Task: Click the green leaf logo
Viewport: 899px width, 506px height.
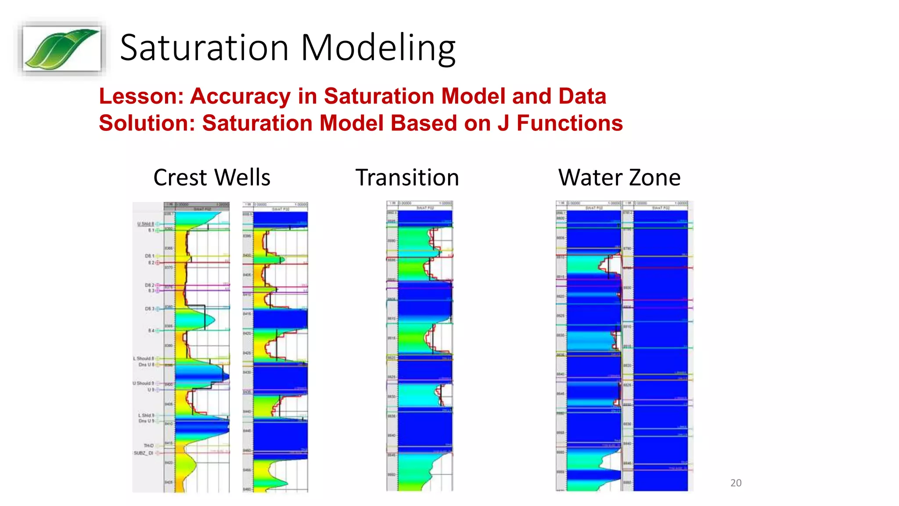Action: [x=61, y=48]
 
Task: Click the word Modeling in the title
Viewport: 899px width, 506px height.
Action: [x=378, y=48]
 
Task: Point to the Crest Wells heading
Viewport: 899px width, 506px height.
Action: [x=212, y=177]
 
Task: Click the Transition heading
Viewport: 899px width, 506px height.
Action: [x=407, y=177]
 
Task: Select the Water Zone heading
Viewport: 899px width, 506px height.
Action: [x=619, y=177]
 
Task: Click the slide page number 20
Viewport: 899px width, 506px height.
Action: [x=736, y=483]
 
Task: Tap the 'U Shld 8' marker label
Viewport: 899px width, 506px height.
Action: [x=145, y=224]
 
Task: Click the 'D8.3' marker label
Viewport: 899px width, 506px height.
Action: [x=149, y=309]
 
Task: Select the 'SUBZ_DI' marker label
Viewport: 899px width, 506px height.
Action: [x=143, y=453]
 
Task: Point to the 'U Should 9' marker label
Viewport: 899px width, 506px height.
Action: [x=143, y=383]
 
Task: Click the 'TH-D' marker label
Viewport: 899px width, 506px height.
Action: [x=148, y=446]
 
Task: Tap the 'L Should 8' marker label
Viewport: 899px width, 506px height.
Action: [x=144, y=358]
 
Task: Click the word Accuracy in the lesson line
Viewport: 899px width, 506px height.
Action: [x=240, y=96]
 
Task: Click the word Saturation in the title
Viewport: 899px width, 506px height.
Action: [x=204, y=48]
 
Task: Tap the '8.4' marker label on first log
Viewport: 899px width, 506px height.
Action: [x=151, y=330]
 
